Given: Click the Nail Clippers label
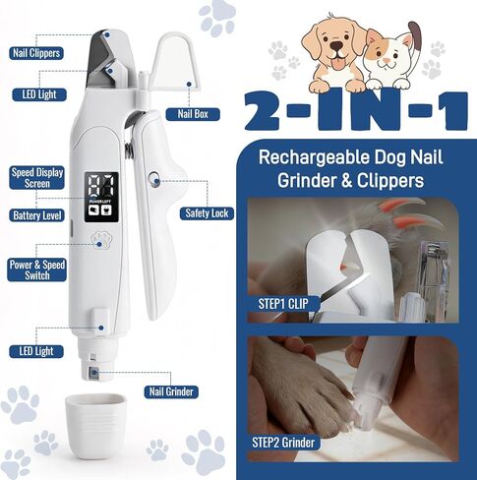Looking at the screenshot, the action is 36,53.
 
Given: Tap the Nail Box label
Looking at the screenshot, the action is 193,114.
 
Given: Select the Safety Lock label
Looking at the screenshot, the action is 207,213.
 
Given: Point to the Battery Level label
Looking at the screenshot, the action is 37,215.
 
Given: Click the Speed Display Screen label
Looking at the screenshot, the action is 37,178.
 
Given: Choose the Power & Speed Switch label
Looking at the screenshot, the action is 37,270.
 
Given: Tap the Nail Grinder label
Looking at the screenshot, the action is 171,391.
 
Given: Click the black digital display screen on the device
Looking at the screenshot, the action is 101,197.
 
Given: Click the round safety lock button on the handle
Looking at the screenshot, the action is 154,180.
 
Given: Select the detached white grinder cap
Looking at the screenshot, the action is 95,426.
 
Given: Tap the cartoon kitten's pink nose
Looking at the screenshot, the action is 388,60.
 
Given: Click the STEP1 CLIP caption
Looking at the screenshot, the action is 283,304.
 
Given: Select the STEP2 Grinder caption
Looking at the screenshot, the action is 283,443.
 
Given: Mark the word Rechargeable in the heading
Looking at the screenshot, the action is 314,158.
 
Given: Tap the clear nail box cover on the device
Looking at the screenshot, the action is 177,62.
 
